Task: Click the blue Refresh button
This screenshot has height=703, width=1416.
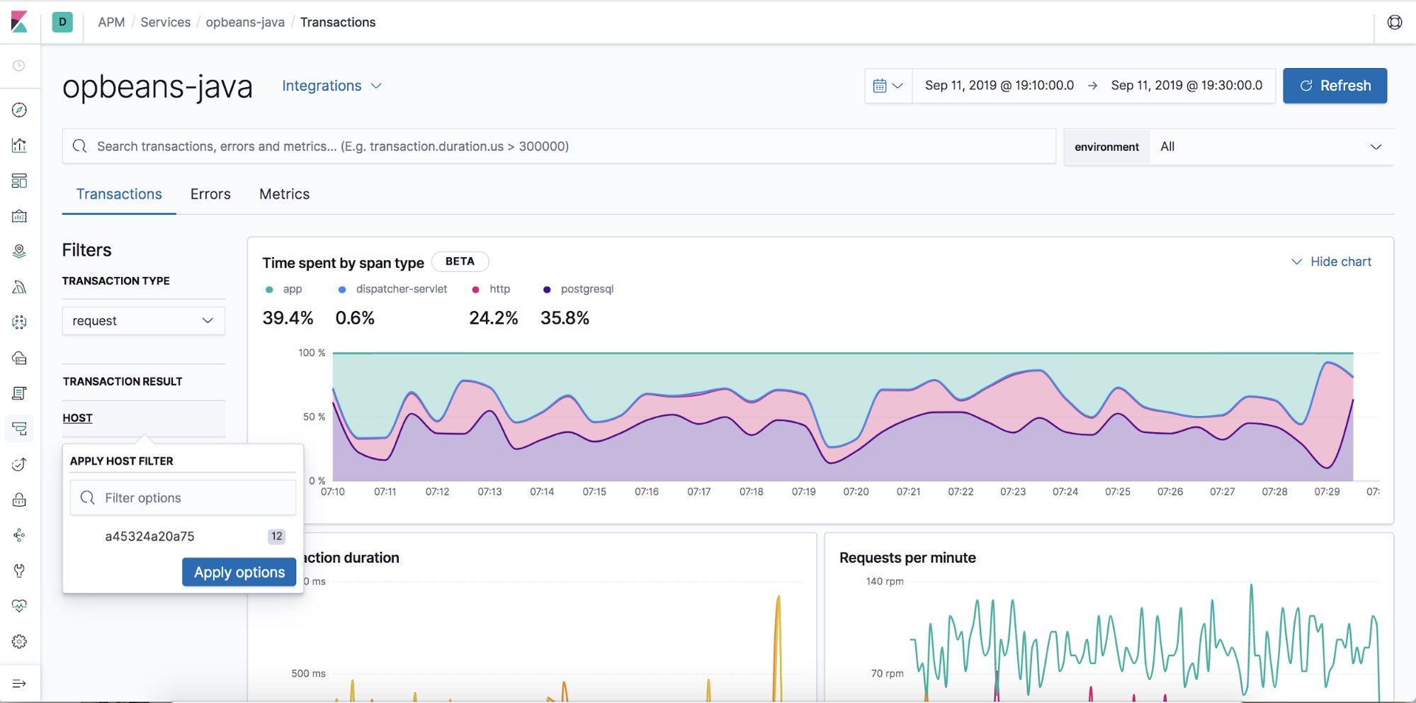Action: click(1335, 86)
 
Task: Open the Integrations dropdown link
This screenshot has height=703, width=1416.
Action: click(331, 86)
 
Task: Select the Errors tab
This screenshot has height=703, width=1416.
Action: click(210, 194)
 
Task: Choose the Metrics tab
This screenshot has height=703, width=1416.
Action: click(284, 194)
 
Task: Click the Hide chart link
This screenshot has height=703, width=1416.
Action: click(1332, 261)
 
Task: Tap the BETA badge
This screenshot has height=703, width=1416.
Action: click(460, 261)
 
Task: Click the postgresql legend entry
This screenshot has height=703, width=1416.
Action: click(579, 289)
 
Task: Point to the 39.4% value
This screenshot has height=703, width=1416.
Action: click(288, 318)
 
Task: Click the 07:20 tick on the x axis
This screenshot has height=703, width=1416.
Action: click(856, 492)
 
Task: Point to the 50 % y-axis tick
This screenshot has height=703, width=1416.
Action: click(314, 417)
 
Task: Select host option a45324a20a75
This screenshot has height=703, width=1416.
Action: click(149, 536)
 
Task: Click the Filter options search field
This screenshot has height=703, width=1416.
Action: click(191, 498)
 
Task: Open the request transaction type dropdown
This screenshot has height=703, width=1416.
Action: click(143, 321)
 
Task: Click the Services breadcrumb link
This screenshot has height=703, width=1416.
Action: click(165, 22)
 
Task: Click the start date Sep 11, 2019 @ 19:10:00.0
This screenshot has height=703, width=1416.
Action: click(999, 86)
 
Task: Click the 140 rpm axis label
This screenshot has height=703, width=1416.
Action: click(885, 581)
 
